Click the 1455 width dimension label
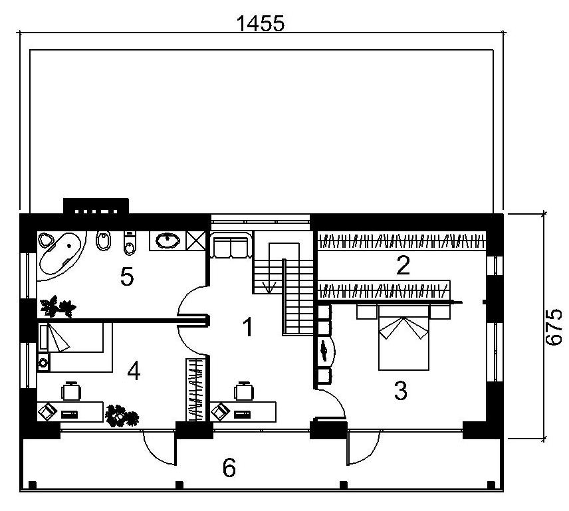tap(260, 23)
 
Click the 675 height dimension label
tap(554, 326)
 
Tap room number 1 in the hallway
tap(247, 327)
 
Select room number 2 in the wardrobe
tap(402, 266)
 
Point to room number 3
tap(400, 391)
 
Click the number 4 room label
tap(134, 372)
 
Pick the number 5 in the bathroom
tap(127, 276)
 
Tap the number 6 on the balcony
tap(229, 468)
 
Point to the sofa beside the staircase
tap(231, 246)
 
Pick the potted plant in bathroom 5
tap(57, 306)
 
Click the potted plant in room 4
tap(122, 415)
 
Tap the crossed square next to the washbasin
tap(196, 240)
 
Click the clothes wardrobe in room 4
tap(195, 389)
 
